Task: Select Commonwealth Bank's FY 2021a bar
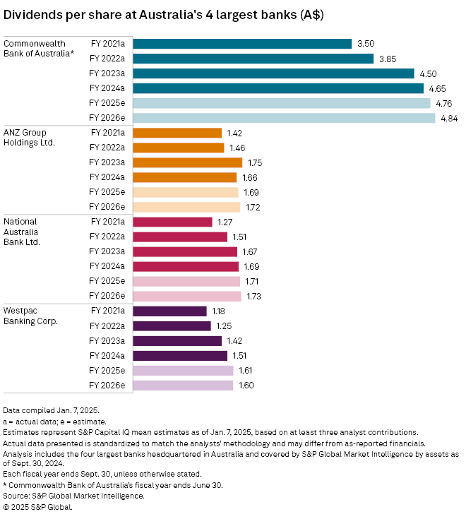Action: (x=242, y=44)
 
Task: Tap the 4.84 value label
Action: (x=449, y=118)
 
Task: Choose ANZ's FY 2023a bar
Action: (x=187, y=162)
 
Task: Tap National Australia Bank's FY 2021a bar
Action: (x=172, y=222)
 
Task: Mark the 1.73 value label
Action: (x=255, y=296)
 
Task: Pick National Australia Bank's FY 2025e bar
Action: (x=186, y=281)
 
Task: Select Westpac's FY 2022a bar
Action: (x=172, y=326)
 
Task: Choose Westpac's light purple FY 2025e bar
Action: (x=183, y=370)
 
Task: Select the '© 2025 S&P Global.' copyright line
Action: (x=38, y=506)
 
